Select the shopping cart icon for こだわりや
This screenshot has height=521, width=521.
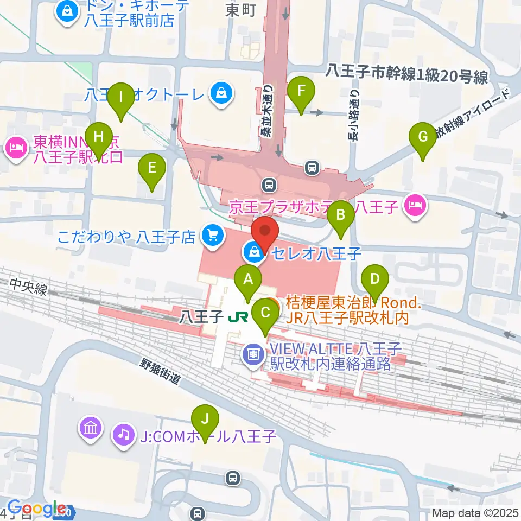coord(212,236)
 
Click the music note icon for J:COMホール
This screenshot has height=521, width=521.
coord(124,434)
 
